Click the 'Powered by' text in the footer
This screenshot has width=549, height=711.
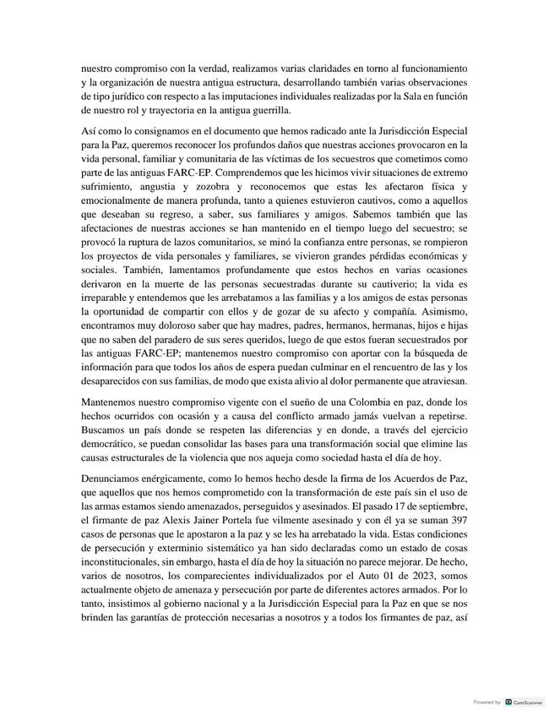(486, 702)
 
